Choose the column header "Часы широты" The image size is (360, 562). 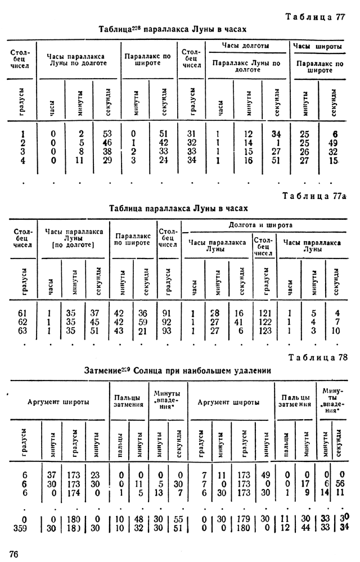[319, 46]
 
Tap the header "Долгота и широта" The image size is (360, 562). [264, 225]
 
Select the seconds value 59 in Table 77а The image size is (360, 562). [145, 323]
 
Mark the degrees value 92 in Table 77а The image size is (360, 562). [167, 323]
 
